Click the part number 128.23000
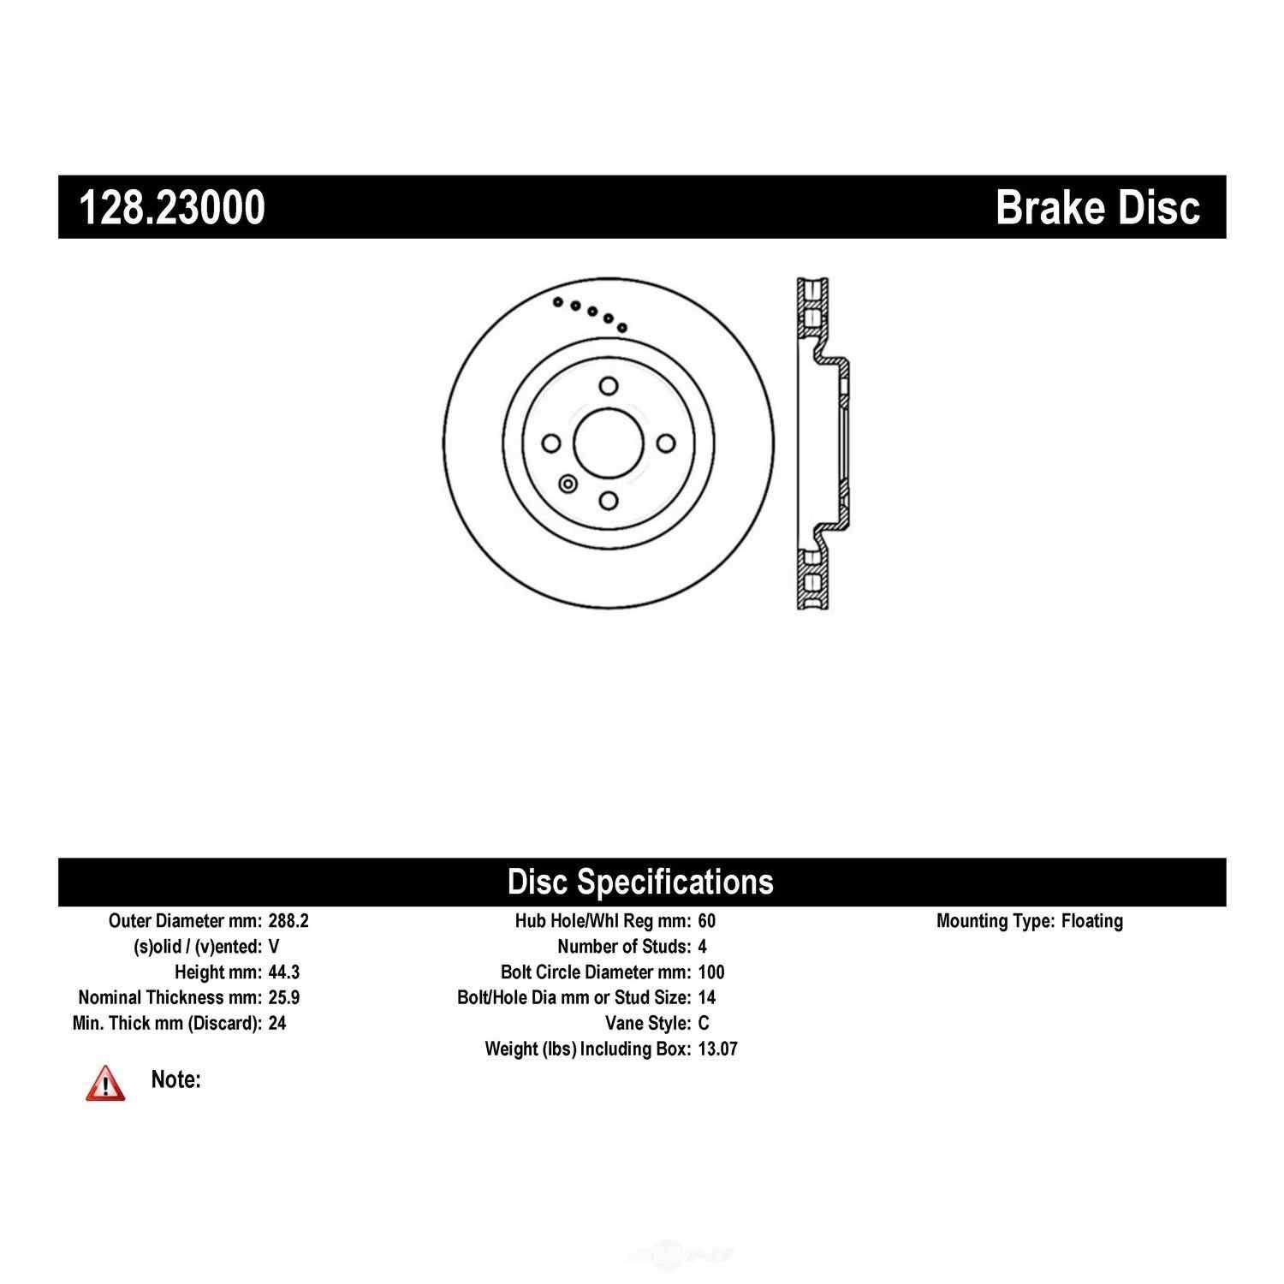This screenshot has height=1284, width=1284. click(172, 207)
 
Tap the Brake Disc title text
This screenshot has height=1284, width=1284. click(1098, 207)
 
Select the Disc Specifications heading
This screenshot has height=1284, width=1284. click(640, 881)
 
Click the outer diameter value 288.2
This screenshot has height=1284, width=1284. click(288, 921)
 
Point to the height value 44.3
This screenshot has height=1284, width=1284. click(283, 972)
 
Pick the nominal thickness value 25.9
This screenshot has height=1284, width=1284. click(283, 997)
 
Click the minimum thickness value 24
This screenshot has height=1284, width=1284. click(276, 1023)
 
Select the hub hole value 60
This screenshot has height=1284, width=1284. click(706, 921)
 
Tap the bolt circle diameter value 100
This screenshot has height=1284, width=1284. click(710, 972)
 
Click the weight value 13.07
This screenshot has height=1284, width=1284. click(717, 1049)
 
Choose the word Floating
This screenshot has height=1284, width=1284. click(1092, 922)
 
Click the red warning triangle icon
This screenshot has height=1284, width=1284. click(104, 1083)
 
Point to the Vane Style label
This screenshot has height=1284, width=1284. click(648, 1023)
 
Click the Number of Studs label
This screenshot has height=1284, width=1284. click(624, 947)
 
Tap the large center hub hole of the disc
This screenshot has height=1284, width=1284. click(609, 442)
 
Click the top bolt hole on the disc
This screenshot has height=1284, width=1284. click(609, 385)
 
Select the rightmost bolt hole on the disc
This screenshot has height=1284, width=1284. click(665, 443)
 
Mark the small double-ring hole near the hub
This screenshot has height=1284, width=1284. click(567, 484)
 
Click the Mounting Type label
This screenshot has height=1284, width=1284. click(996, 922)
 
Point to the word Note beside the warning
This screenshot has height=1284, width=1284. click(175, 1079)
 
